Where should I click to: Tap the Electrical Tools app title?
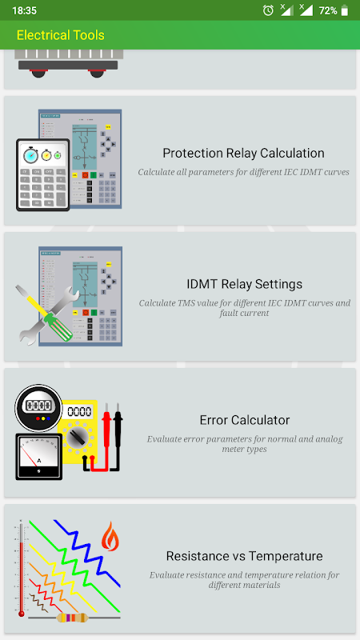click(61, 35)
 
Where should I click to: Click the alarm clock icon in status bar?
click(268, 10)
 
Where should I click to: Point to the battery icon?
click(345, 10)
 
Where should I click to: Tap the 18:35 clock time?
click(25, 10)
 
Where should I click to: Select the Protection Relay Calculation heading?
click(244, 153)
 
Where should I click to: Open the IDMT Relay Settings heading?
click(245, 284)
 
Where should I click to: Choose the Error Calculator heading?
click(245, 420)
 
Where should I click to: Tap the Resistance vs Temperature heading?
click(245, 556)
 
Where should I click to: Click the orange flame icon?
click(110, 536)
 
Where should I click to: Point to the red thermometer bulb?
click(22, 614)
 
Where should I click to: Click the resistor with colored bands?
click(73, 618)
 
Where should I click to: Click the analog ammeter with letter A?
click(38, 456)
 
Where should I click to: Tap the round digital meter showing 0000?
click(38, 407)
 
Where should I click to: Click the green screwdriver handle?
click(58, 326)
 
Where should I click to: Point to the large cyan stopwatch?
click(31, 155)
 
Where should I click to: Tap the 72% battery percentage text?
click(328, 11)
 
